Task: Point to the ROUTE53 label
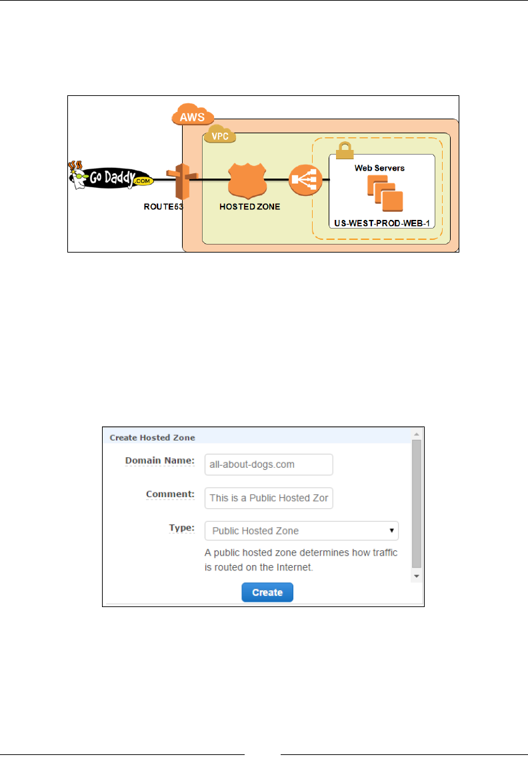click(163, 207)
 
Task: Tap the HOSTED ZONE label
click(250, 207)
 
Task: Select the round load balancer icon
click(305, 180)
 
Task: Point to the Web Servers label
click(379, 168)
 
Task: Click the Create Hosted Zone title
click(152, 438)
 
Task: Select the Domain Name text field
click(269, 464)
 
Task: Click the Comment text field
click(269, 498)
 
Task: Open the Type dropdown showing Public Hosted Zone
click(301, 531)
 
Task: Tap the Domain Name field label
click(159, 460)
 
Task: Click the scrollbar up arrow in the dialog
click(416, 434)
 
